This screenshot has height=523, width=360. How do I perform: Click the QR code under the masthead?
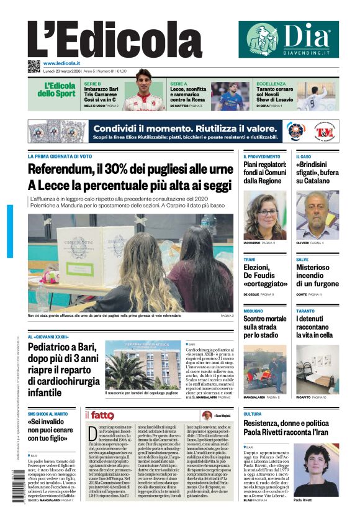click(x=34, y=66)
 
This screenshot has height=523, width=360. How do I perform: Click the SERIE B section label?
click(x=92, y=83)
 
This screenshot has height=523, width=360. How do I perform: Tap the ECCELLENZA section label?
click(x=271, y=83)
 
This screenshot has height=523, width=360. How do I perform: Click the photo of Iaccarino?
click(x=265, y=215)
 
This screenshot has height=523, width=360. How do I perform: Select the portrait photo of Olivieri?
click(x=317, y=215)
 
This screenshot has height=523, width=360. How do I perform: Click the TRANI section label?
click(x=250, y=259)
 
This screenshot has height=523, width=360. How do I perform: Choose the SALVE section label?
click(x=302, y=259)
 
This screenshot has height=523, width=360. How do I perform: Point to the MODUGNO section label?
click(x=253, y=311)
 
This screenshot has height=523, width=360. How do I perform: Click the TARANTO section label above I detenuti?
click(x=305, y=311)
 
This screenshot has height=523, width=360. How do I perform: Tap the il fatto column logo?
click(x=99, y=415)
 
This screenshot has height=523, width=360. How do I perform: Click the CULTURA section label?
click(x=253, y=414)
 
